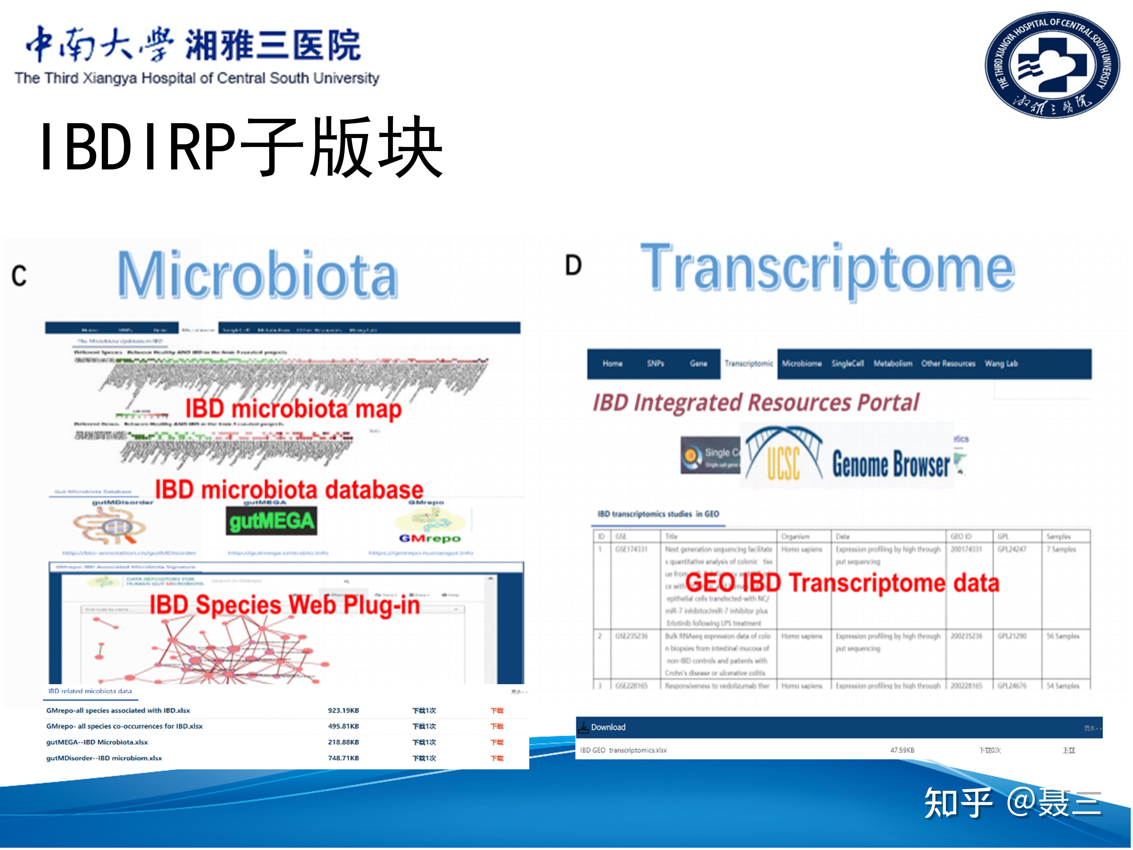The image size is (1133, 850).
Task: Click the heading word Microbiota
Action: point(258,276)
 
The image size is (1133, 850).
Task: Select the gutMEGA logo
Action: point(272,521)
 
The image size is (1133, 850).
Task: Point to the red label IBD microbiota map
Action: point(293,409)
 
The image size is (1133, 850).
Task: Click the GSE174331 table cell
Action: point(631,549)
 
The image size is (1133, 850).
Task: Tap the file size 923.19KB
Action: point(343,711)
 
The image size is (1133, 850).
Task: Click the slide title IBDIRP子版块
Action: point(241,147)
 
